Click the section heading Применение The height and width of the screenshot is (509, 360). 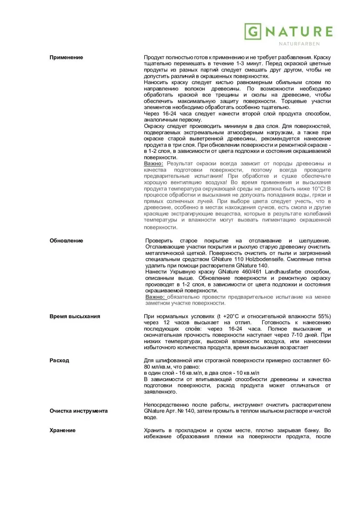[x=66, y=57]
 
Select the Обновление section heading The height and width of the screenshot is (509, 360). [x=66, y=241]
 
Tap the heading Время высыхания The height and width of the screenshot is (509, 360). [x=75, y=317]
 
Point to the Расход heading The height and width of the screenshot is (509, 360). [x=59, y=361]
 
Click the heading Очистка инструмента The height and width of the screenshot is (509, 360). [x=79, y=411]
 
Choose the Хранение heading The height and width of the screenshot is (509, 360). [x=62, y=430]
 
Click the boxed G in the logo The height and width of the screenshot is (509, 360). [x=253, y=32]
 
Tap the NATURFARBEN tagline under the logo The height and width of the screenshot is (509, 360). [x=299, y=44]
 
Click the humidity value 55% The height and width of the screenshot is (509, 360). [x=325, y=317]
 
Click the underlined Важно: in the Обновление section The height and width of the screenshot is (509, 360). [x=155, y=297]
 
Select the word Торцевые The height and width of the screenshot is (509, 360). [x=294, y=101]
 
